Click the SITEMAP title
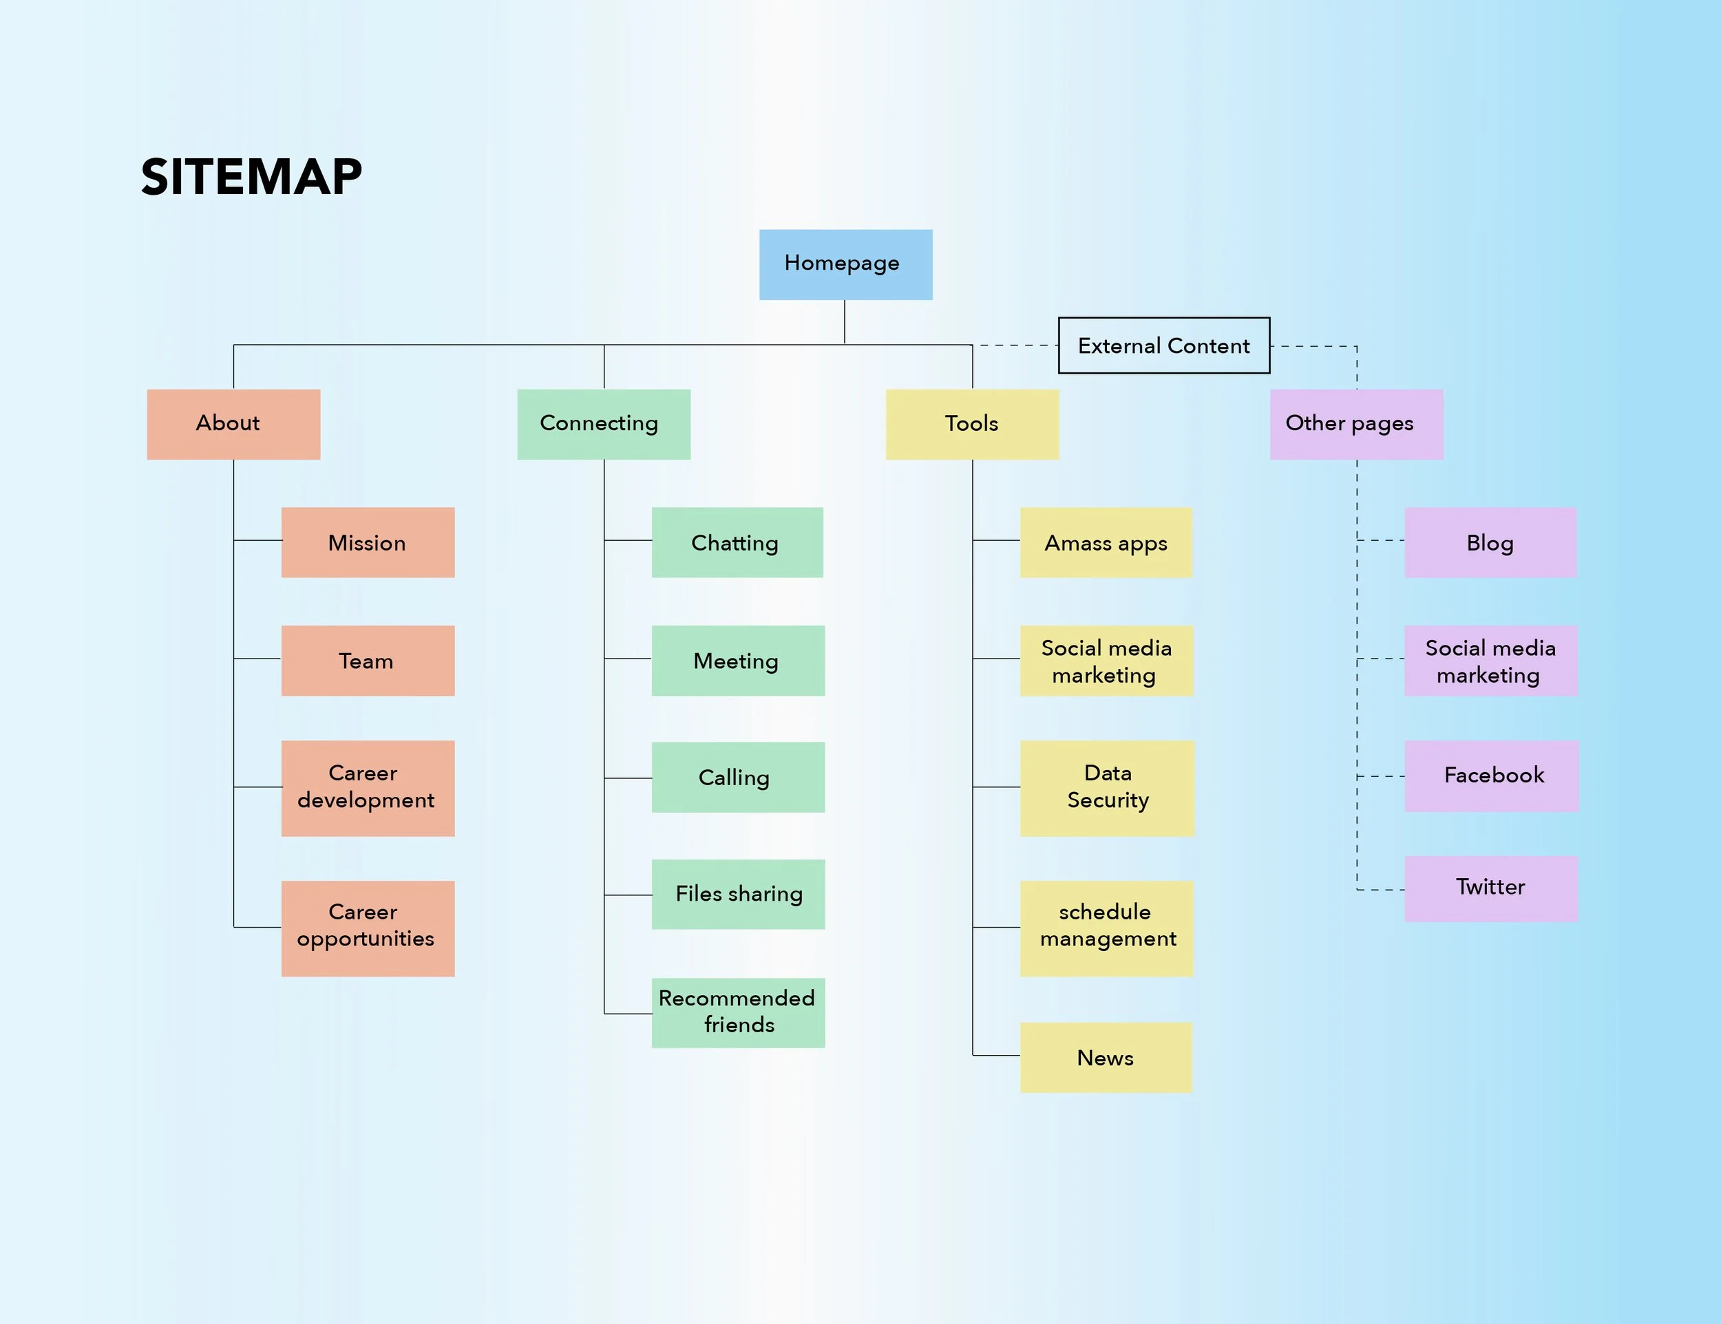click(x=251, y=176)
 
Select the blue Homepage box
click(x=845, y=265)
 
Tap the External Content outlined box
click(x=1163, y=345)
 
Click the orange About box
click(x=233, y=424)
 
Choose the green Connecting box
click(x=604, y=424)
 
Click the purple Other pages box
click(x=1355, y=424)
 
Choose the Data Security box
click(x=1106, y=788)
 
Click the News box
click(x=1106, y=1057)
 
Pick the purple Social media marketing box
click(x=1490, y=661)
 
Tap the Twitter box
click(x=1490, y=888)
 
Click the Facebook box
click(x=1491, y=776)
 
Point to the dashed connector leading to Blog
click(x=1380, y=540)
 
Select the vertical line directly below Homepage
click(x=845, y=321)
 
